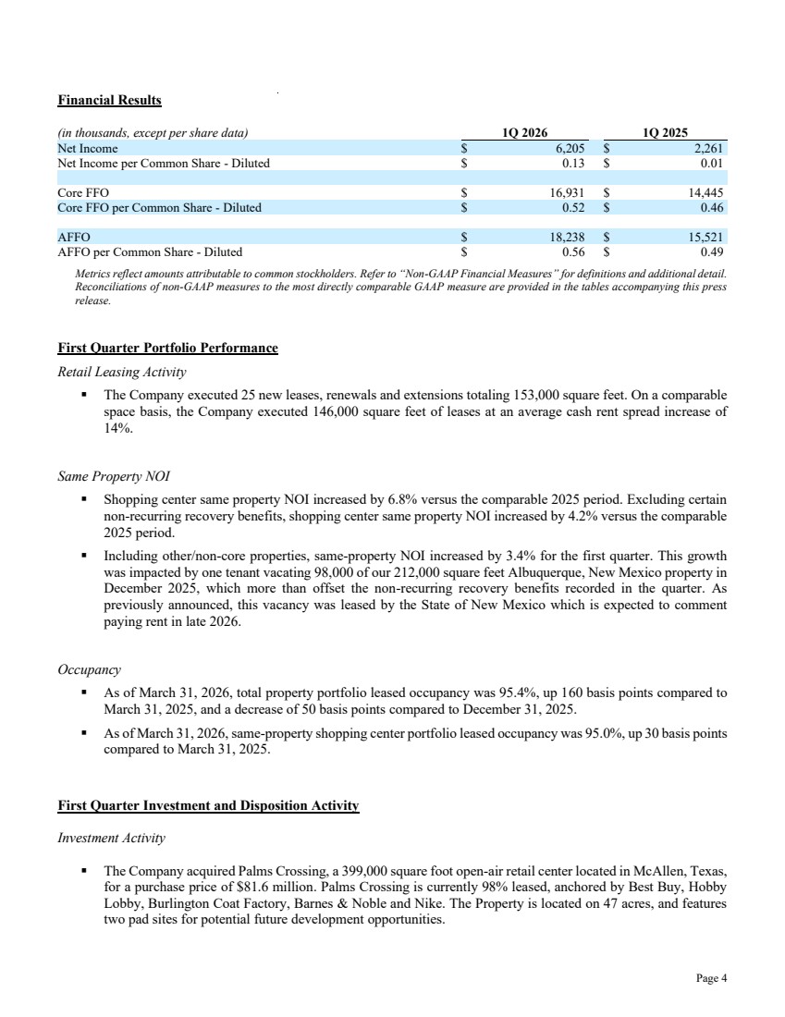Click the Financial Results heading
click(109, 100)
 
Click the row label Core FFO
click(83, 193)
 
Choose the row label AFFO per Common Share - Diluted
click(150, 251)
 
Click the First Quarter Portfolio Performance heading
click(167, 349)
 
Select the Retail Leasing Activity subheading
click(121, 373)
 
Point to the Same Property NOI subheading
click(114, 477)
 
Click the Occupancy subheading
click(89, 668)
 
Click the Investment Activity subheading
click(111, 839)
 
